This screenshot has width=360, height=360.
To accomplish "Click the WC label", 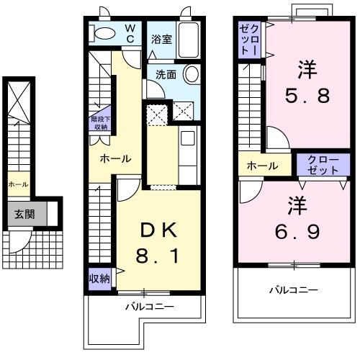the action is coord(130,34).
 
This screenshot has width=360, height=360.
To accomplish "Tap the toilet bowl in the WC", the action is coord(105,33).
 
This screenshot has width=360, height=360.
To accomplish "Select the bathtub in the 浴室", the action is coord(189,40).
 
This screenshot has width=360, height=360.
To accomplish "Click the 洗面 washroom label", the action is coord(166,75).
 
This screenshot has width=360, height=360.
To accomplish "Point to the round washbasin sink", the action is coord(192,73).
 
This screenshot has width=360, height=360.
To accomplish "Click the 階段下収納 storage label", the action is coord(100,123).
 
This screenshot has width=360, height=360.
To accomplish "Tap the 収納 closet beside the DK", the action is coord(100,279).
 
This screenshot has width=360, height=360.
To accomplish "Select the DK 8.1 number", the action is coord(157,256).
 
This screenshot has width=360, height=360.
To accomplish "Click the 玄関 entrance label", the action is coord(24,215).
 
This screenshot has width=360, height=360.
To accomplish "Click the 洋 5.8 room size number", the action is coord(307,96).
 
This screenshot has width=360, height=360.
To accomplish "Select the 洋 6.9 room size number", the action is coord(297,232).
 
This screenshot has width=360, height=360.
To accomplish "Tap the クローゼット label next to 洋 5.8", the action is coord(250,40).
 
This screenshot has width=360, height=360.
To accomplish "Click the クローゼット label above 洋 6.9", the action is coord(323,165).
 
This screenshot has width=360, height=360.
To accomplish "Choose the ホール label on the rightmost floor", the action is coord(263,166).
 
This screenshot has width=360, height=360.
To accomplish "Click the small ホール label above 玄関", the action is coord(18,184).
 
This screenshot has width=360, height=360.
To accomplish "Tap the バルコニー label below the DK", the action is coord(150,307).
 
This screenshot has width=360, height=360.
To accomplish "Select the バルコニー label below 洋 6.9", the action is coord(294,290).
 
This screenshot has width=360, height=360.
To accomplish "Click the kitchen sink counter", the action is coord(189,155).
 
